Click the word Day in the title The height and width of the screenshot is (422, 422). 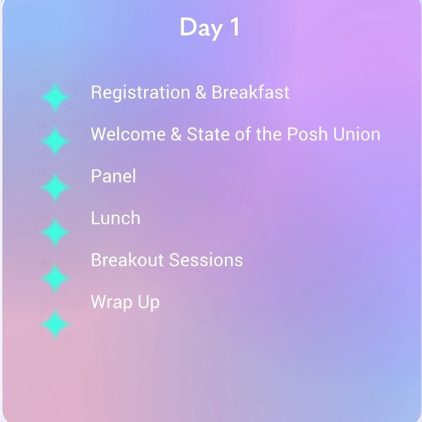[x=200, y=28]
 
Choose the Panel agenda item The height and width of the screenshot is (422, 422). [x=113, y=176]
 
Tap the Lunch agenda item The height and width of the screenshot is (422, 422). [x=115, y=218]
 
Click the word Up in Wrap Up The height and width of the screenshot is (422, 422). [x=148, y=303]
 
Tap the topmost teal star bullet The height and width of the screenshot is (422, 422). [x=55, y=97]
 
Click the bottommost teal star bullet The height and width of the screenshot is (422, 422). [x=55, y=325]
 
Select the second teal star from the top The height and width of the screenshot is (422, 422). [x=55, y=141]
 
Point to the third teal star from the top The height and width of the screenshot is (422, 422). [x=55, y=187]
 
